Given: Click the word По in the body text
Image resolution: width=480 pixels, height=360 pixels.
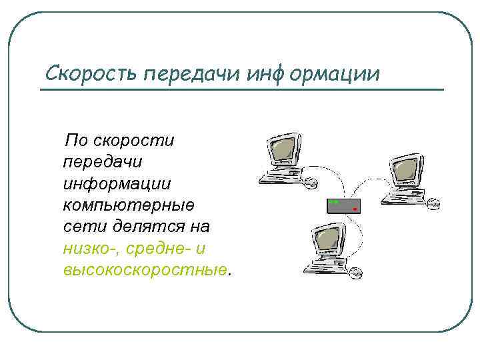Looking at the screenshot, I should (x=76, y=141).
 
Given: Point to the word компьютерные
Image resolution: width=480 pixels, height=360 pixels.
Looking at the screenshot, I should (x=127, y=205).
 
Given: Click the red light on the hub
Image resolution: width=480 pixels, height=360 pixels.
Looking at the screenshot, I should (x=355, y=209).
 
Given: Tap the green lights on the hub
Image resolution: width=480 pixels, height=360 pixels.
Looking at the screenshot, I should (x=335, y=202).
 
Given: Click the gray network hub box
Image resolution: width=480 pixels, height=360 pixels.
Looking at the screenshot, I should (x=343, y=205).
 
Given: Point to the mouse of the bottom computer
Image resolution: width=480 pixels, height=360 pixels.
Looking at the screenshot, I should (x=357, y=272).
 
